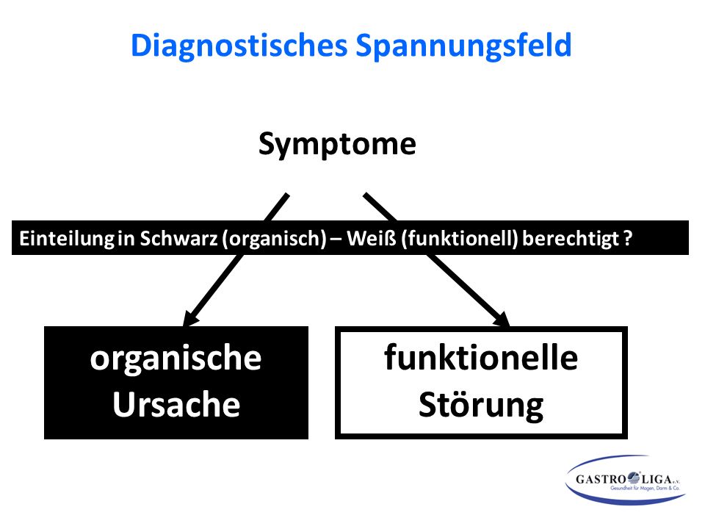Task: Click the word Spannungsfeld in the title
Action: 463,46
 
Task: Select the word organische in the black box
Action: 176,359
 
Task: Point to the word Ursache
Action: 176,404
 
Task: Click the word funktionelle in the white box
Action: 481,357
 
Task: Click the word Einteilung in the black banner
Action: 67,238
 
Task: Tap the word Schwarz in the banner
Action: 178,238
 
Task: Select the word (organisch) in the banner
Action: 274,238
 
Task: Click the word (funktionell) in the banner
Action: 459,238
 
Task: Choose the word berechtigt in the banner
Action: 571,238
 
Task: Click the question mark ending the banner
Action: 628,238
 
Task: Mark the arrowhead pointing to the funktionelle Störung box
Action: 502,318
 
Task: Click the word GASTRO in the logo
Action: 601,479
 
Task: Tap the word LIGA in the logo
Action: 656,479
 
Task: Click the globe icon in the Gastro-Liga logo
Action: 634,477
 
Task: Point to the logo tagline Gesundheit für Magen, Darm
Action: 639,488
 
